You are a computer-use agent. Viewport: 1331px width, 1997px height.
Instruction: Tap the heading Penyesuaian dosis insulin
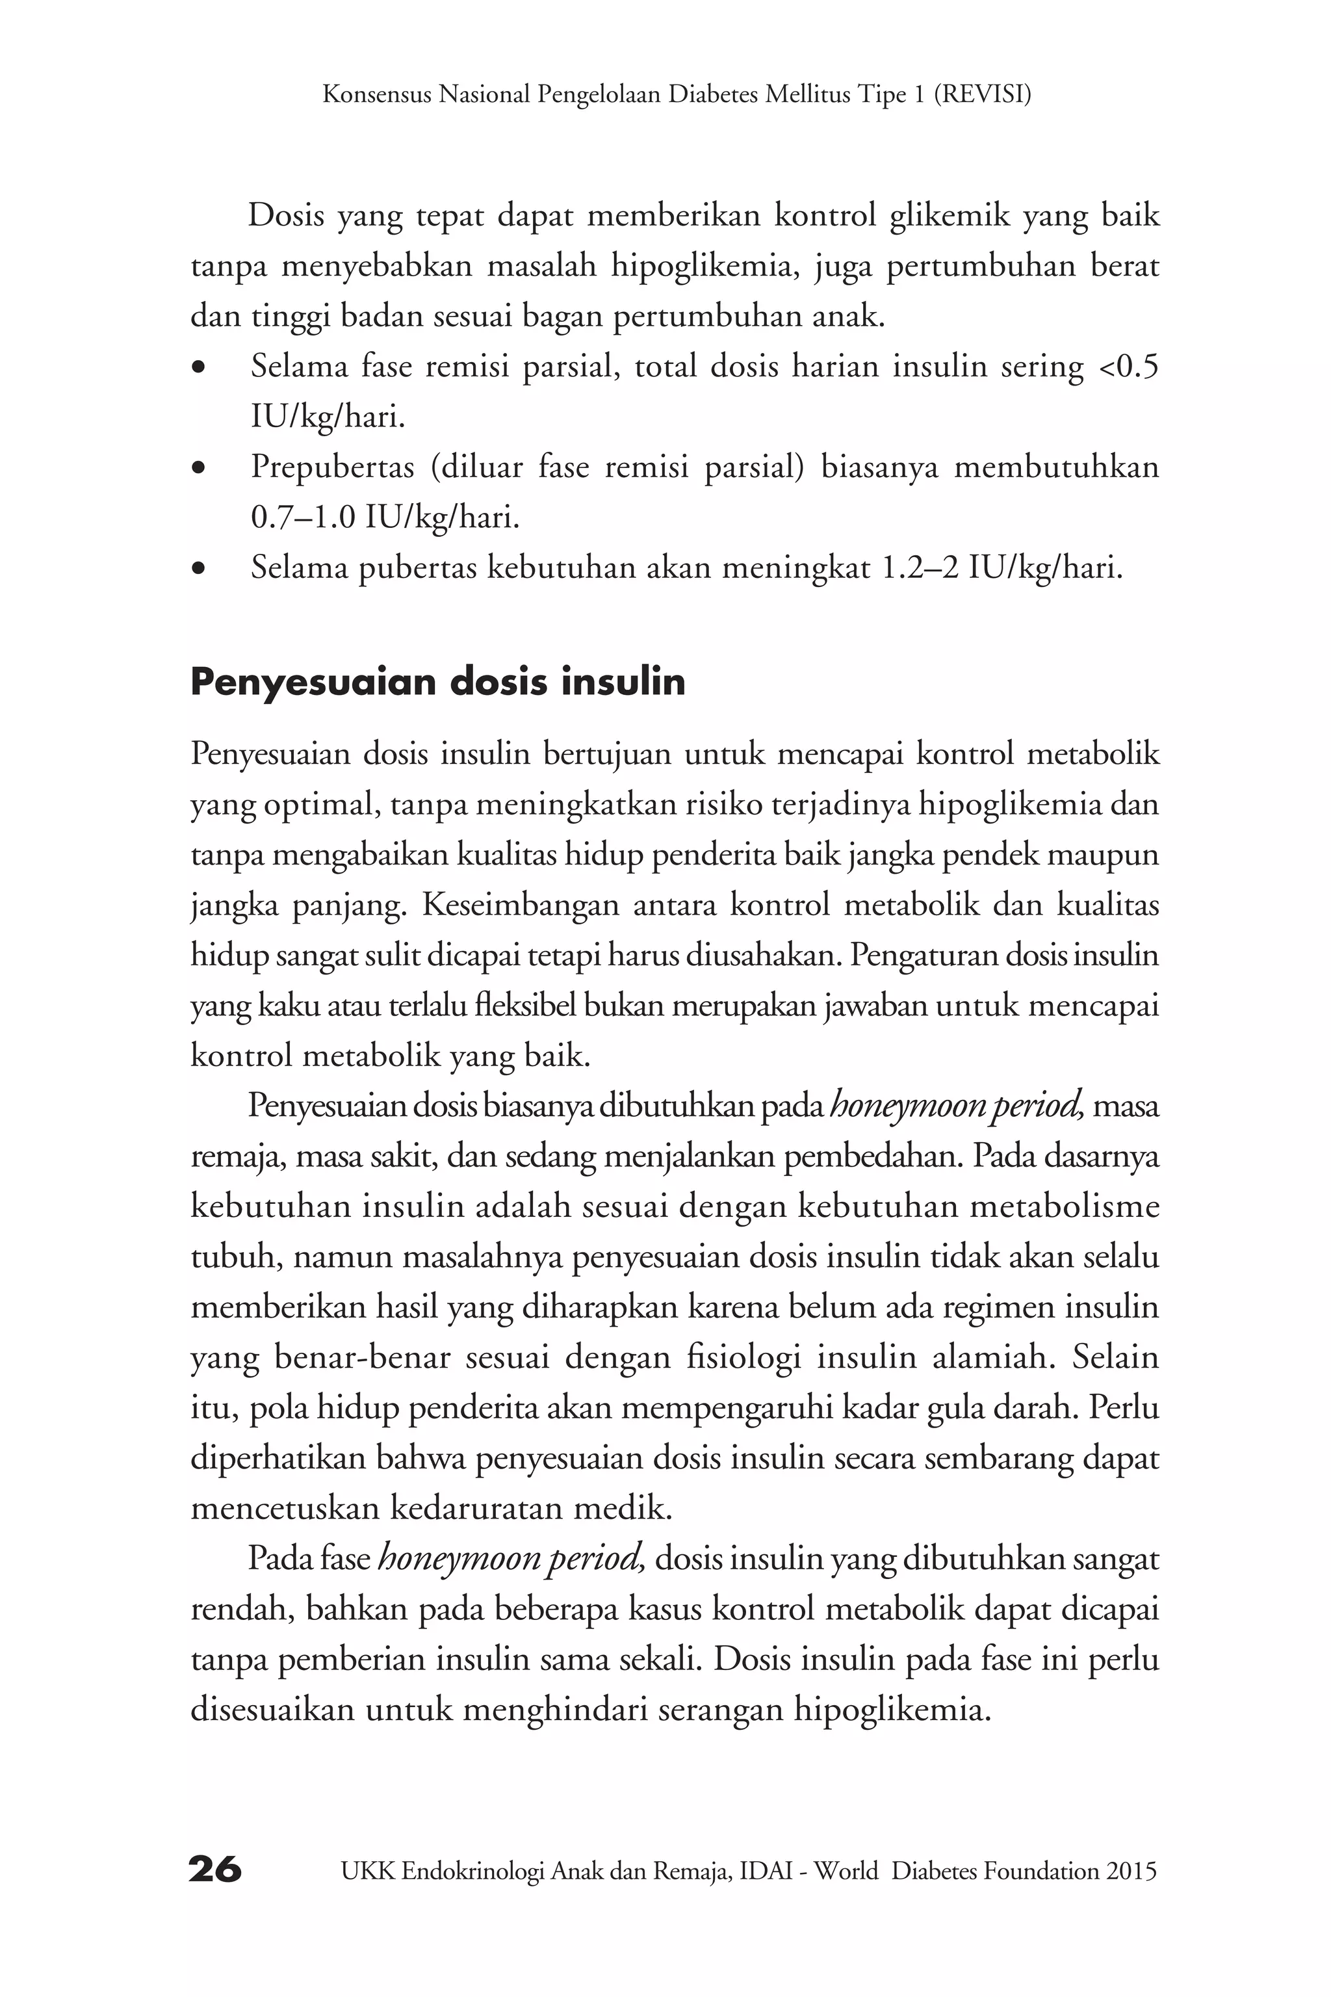[437, 682]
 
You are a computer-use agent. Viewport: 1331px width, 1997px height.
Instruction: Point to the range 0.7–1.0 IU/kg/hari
[385, 517]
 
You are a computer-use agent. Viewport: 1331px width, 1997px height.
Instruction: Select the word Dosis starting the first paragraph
[286, 216]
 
